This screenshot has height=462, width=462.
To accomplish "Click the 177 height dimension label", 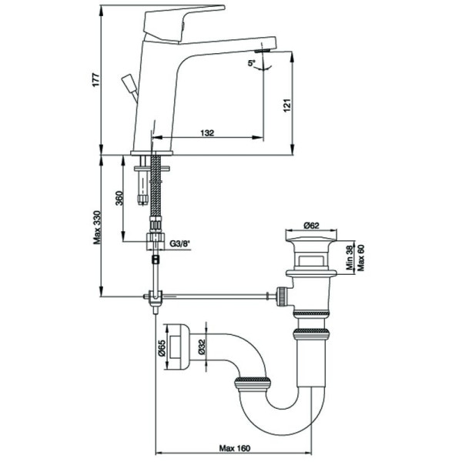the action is click(96, 79).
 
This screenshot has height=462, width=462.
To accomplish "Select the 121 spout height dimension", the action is click(287, 105).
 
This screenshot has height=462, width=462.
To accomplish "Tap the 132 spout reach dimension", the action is click(207, 133).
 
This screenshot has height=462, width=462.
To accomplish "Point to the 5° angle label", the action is click(252, 63).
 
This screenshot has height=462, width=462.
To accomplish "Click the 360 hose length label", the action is click(119, 199).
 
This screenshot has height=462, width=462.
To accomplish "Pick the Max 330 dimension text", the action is click(97, 227).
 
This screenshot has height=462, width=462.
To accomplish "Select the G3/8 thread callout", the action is click(180, 243).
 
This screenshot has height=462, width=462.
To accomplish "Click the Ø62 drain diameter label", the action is click(311, 226).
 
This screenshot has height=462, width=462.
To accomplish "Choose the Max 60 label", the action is click(360, 257).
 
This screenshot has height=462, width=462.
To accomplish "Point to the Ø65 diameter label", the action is click(162, 348).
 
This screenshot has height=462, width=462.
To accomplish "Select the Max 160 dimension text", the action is click(235, 448).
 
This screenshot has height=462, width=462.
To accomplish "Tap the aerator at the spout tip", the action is click(263, 51).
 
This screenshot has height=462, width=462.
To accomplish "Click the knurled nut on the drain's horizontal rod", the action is click(283, 296).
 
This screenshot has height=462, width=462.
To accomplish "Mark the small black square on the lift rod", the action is click(156, 259).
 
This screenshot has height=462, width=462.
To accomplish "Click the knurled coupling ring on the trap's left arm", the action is click(253, 384).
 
